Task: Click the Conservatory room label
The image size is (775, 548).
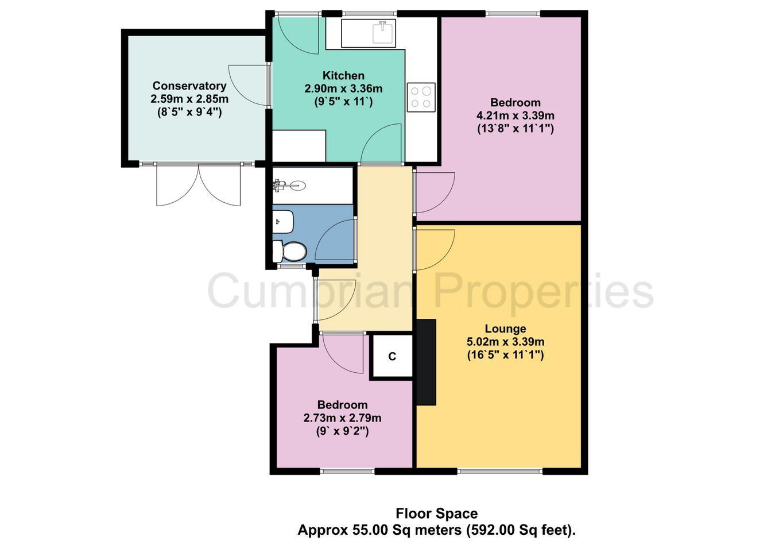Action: click(x=189, y=86)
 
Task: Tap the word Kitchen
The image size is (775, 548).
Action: click(x=343, y=75)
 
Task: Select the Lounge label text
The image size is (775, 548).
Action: click(x=505, y=329)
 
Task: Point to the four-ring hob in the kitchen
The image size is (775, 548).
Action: click(x=421, y=97)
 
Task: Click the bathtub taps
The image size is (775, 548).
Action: click(x=279, y=186)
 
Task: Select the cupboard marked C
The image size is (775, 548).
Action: click(x=392, y=356)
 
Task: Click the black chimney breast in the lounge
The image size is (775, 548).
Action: click(x=425, y=362)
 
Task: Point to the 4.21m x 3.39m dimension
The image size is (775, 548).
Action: click(x=515, y=115)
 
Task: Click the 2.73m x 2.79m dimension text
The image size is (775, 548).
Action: click(x=342, y=418)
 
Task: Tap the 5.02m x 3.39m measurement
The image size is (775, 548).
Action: click(x=506, y=342)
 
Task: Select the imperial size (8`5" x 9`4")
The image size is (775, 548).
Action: click(x=189, y=113)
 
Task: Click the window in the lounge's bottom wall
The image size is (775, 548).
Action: click(x=499, y=471)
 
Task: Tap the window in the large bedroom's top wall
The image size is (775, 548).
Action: click(x=513, y=14)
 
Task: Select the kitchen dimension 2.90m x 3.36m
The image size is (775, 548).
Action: click(x=343, y=88)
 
